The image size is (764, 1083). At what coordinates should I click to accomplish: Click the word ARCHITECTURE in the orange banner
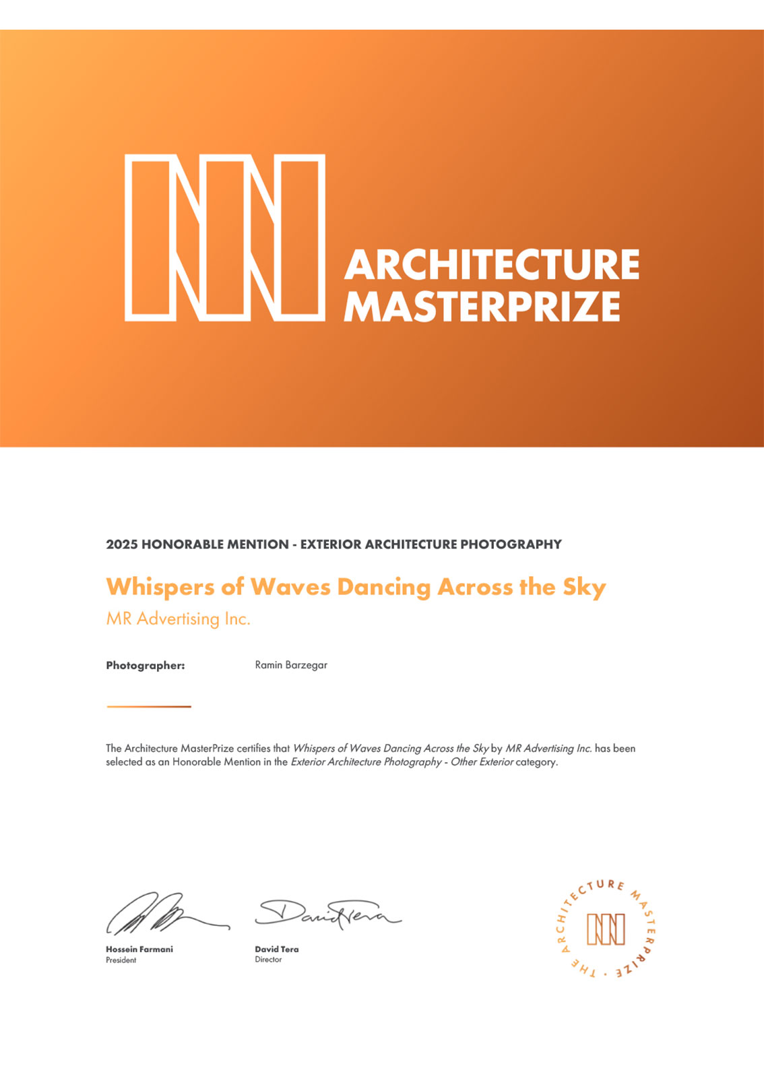[492, 264]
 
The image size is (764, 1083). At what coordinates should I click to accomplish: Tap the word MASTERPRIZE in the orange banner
[482, 307]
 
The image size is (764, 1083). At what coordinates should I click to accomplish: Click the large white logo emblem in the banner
[225, 237]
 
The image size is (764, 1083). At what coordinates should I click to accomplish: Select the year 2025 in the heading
[122, 545]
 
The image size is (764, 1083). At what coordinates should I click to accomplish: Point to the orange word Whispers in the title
[160, 587]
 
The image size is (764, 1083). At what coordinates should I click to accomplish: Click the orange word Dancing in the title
[383, 587]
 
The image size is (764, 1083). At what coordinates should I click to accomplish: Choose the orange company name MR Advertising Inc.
[178, 619]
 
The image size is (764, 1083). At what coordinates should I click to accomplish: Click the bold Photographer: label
[146, 665]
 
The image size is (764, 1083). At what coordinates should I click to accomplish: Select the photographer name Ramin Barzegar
[291, 665]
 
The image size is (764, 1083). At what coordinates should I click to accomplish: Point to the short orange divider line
[149, 706]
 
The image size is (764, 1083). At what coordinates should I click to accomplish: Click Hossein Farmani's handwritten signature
[162, 913]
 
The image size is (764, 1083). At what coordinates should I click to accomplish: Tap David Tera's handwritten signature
[327, 913]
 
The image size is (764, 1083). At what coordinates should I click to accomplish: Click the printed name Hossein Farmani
[139, 949]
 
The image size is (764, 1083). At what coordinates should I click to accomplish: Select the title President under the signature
[121, 960]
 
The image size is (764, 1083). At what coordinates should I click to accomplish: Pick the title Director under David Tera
[268, 960]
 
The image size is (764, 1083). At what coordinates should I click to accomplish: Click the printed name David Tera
[276, 949]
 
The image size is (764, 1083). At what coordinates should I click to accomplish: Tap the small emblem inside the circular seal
[606, 929]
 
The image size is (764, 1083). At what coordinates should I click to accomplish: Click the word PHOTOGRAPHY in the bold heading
[511, 545]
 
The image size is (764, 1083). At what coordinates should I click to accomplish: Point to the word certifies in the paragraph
[253, 748]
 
